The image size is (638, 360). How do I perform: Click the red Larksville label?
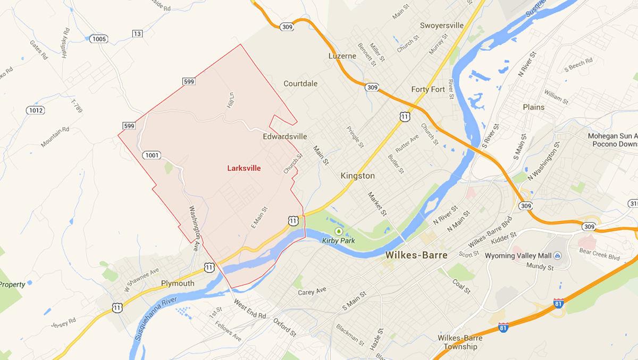coord(244,168)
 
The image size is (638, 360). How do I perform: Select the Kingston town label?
coord(358,175)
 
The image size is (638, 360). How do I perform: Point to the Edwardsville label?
coord(285,137)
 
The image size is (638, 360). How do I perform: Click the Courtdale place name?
coord(300,83)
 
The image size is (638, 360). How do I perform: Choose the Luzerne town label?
coord(343,55)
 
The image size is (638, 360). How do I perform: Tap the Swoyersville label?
coord(442,26)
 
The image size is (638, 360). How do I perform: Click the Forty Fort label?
coord(428,89)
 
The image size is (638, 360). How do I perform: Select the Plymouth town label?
coord(178,283)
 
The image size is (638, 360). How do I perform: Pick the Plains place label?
coord(533,107)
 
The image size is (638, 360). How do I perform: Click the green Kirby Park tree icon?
coord(339,231)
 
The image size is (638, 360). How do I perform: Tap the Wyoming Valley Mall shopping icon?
coord(558,256)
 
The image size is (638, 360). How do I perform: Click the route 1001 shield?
coord(152,155)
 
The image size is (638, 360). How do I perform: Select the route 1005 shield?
coord(99,39)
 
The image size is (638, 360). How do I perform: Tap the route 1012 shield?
coord(36,110)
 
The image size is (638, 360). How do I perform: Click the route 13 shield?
coord(138,34)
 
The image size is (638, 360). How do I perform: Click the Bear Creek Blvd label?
coord(600,256)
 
